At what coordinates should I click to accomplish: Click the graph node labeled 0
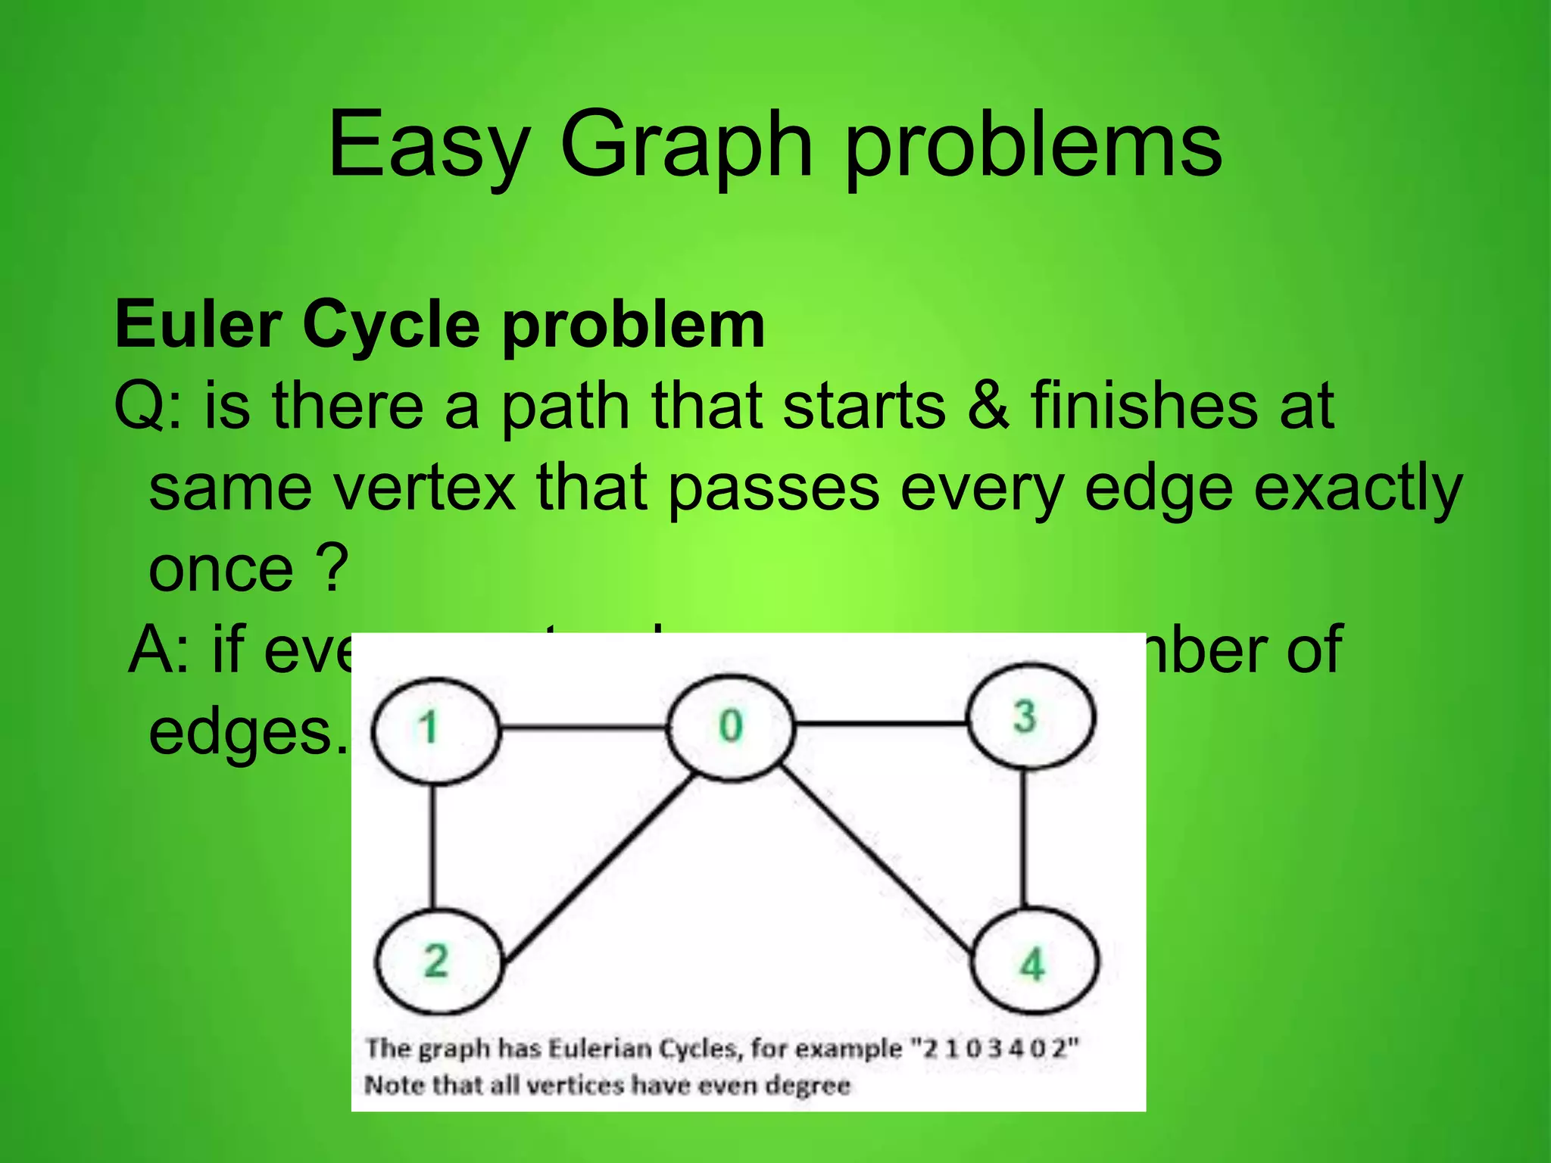[731, 727]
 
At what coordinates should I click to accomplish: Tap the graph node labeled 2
[438, 962]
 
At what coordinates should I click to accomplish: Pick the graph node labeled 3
[1031, 716]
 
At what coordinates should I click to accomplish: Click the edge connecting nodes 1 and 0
[583, 728]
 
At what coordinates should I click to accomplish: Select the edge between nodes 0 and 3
[880, 725]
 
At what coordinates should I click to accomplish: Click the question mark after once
[332, 568]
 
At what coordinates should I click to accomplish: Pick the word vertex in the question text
[424, 488]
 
